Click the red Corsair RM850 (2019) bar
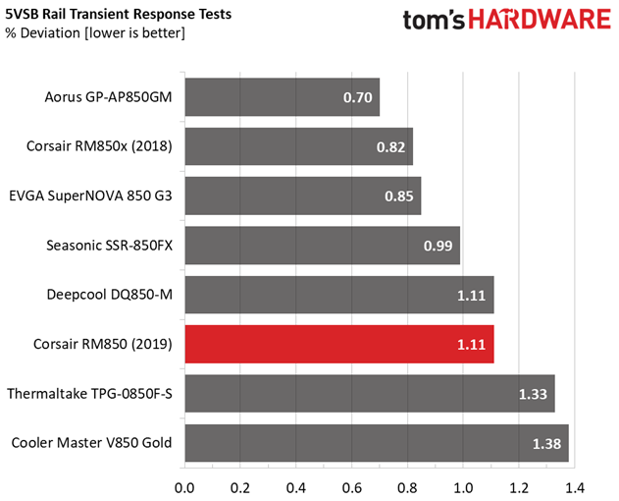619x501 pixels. click(x=339, y=344)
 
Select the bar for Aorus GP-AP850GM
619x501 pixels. click(x=283, y=97)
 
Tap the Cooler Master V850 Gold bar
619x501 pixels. click(x=377, y=443)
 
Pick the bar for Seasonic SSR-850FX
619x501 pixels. click(x=323, y=246)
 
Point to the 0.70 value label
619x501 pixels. click(x=358, y=97)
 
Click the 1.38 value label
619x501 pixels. click(x=546, y=444)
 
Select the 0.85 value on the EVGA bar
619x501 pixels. click(x=399, y=196)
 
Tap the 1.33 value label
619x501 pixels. click(x=533, y=394)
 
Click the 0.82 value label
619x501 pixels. click(x=390, y=147)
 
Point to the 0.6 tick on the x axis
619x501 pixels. click(x=352, y=488)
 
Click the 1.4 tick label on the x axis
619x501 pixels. click(x=575, y=488)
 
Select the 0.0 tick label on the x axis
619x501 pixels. click(x=184, y=488)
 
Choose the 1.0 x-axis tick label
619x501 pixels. click(x=463, y=488)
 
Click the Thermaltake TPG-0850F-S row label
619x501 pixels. click(x=89, y=394)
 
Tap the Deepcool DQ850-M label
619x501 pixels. click(x=110, y=295)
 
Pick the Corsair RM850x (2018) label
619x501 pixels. click(x=99, y=146)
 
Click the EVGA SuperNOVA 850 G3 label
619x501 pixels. click(x=91, y=195)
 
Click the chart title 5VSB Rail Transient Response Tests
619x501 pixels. click(x=119, y=14)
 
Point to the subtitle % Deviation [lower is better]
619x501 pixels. click(x=95, y=32)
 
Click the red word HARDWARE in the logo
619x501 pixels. click(x=541, y=20)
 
